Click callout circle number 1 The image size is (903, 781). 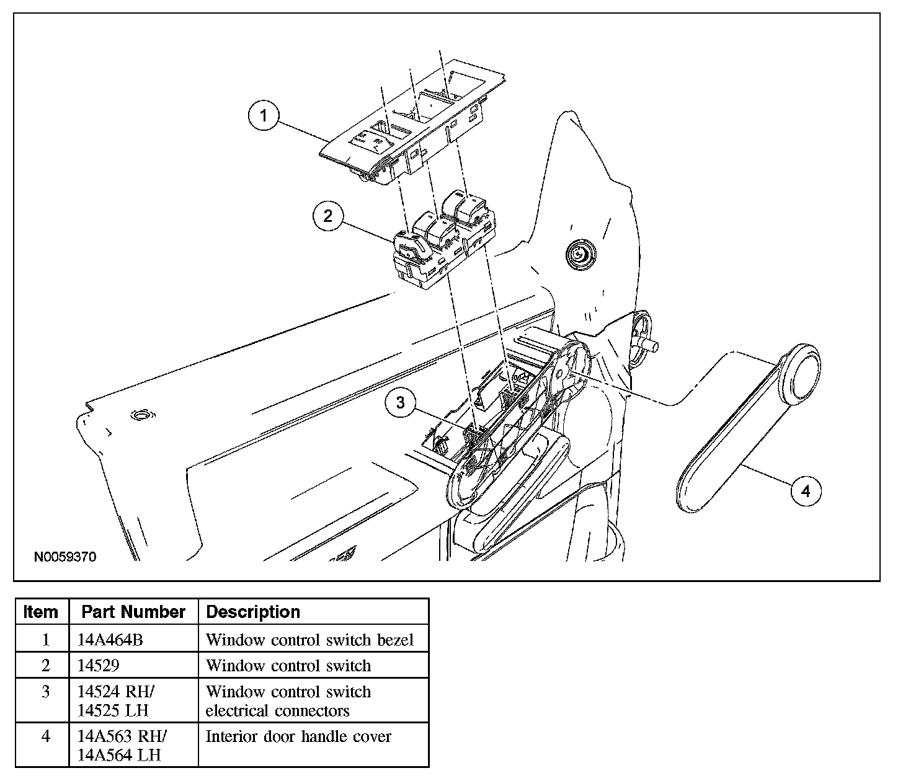pos(264,117)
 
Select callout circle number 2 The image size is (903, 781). pos(327,216)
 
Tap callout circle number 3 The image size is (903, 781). pos(401,403)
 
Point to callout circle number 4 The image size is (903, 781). pos(806,492)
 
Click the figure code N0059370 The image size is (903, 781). pos(65,557)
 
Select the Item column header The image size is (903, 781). pos(41,612)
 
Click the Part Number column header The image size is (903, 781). pos(133,612)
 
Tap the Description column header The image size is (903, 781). pos(253,612)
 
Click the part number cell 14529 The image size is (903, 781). pos(99,665)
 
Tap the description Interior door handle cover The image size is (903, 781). pos(298,736)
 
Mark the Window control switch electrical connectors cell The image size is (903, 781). pos(288,700)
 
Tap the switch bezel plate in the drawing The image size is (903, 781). pos(409,124)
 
